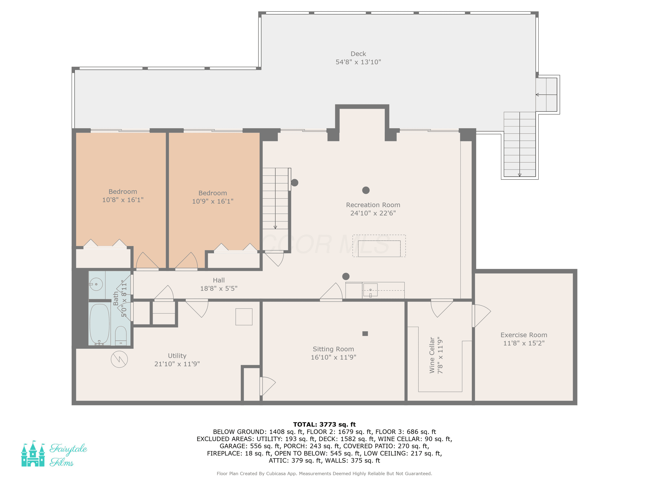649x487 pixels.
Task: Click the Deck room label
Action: click(x=358, y=54)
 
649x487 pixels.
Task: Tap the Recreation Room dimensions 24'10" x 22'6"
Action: click(x=373, y=213)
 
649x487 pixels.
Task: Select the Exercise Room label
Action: click(x=524, y=335)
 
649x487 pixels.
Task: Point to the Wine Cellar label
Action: click(x=432, y=355)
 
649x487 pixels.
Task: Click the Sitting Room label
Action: click(x=333, y=349)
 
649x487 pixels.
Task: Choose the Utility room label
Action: click(x=177, y=356)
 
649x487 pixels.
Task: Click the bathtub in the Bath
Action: click(x=100, y=324)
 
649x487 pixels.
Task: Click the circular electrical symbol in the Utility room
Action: click(x=119, y=359)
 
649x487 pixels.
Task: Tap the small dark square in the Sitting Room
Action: click(x=365, y=334)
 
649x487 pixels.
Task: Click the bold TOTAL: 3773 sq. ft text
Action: click(x=324, y=424)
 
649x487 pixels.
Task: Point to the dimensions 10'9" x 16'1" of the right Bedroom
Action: click(x=213, y=201)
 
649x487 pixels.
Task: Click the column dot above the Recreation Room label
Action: click(x=366, y=190)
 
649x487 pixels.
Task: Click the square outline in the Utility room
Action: click(x=244, y=317)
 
